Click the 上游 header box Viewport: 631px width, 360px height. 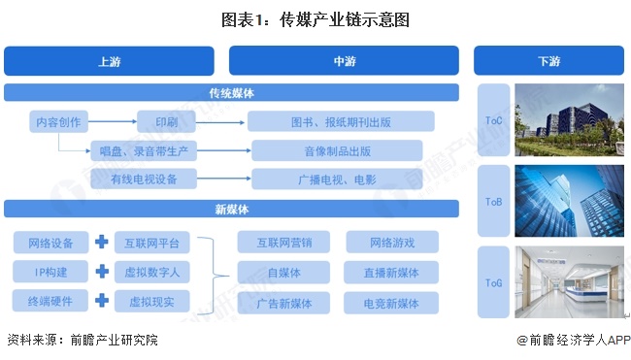point(109,61)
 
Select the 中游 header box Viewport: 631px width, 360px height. point(345,61)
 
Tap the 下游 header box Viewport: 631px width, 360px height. point(548,61)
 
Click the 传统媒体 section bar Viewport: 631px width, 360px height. point(231,93)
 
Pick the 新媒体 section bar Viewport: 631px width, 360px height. point(231,209)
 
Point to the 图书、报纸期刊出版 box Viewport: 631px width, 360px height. point(340,122)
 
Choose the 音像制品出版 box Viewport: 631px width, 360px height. point(336,150)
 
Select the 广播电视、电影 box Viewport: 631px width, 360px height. point(336,179)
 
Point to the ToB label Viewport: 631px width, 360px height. point(493,203)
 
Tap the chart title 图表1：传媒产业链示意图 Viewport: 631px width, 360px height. point(315,18)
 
